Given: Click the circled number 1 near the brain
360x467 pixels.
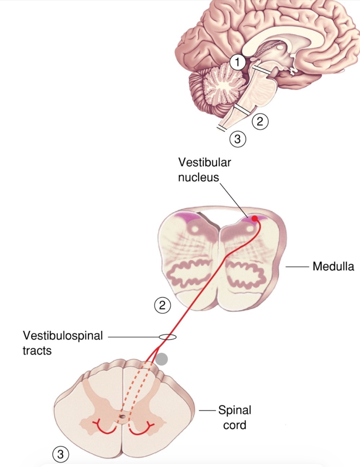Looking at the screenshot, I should pos(238,62).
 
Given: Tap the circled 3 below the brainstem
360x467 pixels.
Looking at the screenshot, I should pos(237,139).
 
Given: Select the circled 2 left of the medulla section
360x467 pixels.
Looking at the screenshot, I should pos(162,305).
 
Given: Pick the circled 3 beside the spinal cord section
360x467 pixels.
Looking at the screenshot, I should pos(60,454).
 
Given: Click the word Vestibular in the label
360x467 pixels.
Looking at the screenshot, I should pos(205,162).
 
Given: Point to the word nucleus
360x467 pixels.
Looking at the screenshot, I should pos(198,178).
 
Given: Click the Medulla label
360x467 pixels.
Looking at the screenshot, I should pos(333,267).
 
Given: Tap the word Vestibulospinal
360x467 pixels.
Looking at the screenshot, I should pos(63,336).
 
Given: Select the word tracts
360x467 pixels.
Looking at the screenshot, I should pos(37,351).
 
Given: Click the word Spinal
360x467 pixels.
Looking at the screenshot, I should pos(235,410).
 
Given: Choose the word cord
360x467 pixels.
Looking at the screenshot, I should pos(235,425).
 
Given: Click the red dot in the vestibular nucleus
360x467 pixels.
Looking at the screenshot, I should pos(254,219).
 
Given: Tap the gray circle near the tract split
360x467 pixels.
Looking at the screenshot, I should pos(161,359).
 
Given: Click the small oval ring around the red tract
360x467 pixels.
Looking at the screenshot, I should pos(168,337).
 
